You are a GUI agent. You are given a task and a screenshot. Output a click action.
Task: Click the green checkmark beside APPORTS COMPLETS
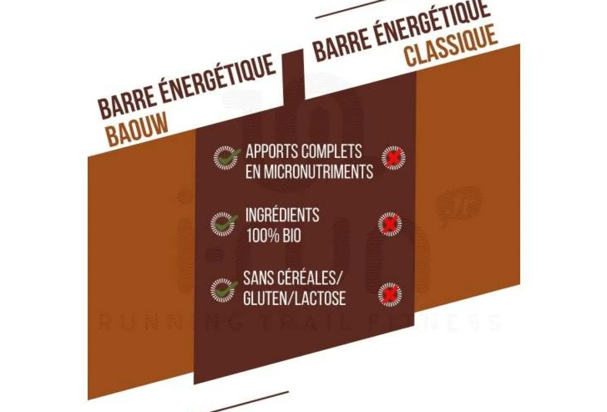point(225,158)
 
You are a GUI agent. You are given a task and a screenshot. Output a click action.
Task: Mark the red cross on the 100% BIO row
point(390,224)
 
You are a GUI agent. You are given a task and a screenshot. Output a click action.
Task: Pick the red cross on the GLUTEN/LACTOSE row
point(390,295)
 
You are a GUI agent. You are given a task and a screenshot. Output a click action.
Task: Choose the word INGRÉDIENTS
point(282,215)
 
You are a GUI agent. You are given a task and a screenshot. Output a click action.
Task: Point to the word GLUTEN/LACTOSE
point(294,298)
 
